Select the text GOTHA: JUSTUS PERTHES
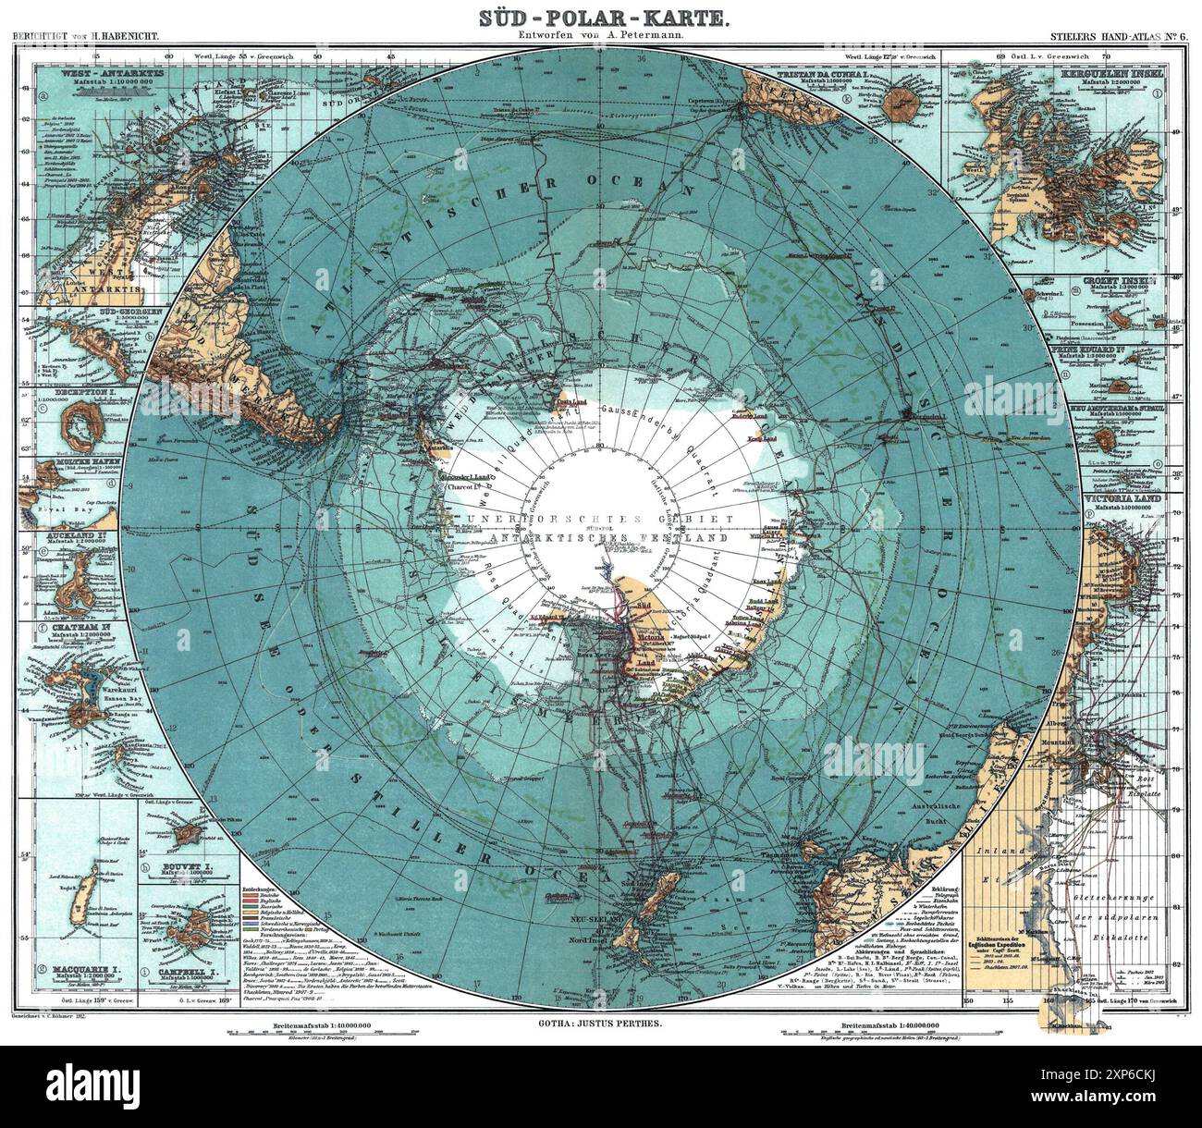click(600, 1024)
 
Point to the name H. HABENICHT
click(121, 38)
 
